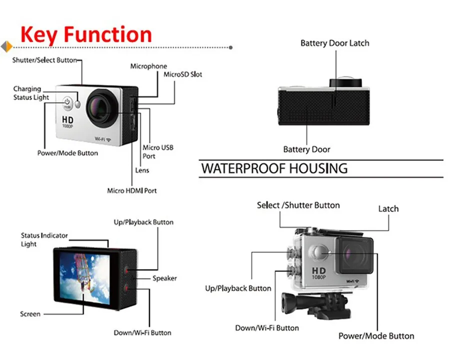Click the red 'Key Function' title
(x=86, y=34)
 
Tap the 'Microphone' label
(x=148, y=66)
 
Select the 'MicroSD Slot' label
(x=183, y=74)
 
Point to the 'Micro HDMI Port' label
(x=132, y=190)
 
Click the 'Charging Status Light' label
(x=31, y=93)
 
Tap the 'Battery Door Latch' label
(x=334, y=43)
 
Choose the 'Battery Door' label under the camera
(x=306, y=149)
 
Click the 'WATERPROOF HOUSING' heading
(x=274, y=168)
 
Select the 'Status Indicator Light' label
(x=44, y=239)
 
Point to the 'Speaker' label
(x=164, y=278)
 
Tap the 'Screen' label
(x=30, y=314)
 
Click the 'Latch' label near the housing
(x=388, y=208)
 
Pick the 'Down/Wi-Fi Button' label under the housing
(x=267, y=328)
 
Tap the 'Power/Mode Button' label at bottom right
(x=376, y=336)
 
